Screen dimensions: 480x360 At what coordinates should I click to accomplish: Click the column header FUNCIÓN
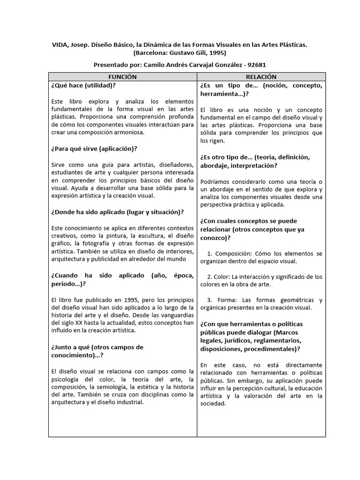pos(122,76)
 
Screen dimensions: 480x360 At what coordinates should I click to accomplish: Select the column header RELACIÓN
pos(261,76)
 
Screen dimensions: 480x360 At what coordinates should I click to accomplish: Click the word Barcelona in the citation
pos(150,53)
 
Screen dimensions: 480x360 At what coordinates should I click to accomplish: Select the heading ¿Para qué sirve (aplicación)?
pos(94,149)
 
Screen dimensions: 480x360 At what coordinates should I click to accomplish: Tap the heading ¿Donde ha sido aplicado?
pos(117,212)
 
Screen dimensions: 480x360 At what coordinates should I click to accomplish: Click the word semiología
pos(112,387)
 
